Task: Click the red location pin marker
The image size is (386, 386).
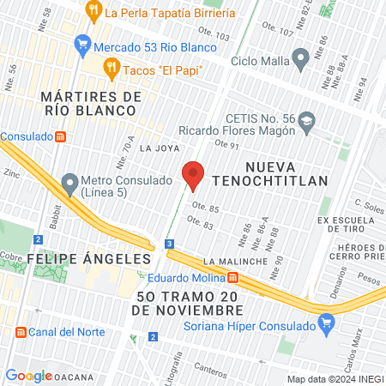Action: (194, 175)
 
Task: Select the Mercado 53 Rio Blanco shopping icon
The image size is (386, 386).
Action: (82, 43)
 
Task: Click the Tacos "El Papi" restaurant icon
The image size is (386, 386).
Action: (111, 68)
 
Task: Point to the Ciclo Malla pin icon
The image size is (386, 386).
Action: (300, 59)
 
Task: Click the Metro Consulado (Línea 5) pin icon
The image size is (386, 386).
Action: (69, 184)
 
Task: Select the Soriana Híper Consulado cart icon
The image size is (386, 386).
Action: (325, 323)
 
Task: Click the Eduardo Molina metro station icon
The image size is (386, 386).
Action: (232, 277)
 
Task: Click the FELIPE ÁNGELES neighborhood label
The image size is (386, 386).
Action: (76, 258)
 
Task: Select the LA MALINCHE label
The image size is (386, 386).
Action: (232, 260)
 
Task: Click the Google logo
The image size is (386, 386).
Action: (27, 375)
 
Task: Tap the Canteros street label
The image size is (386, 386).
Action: (209, 367)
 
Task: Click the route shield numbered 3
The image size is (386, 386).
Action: (170, 244)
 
